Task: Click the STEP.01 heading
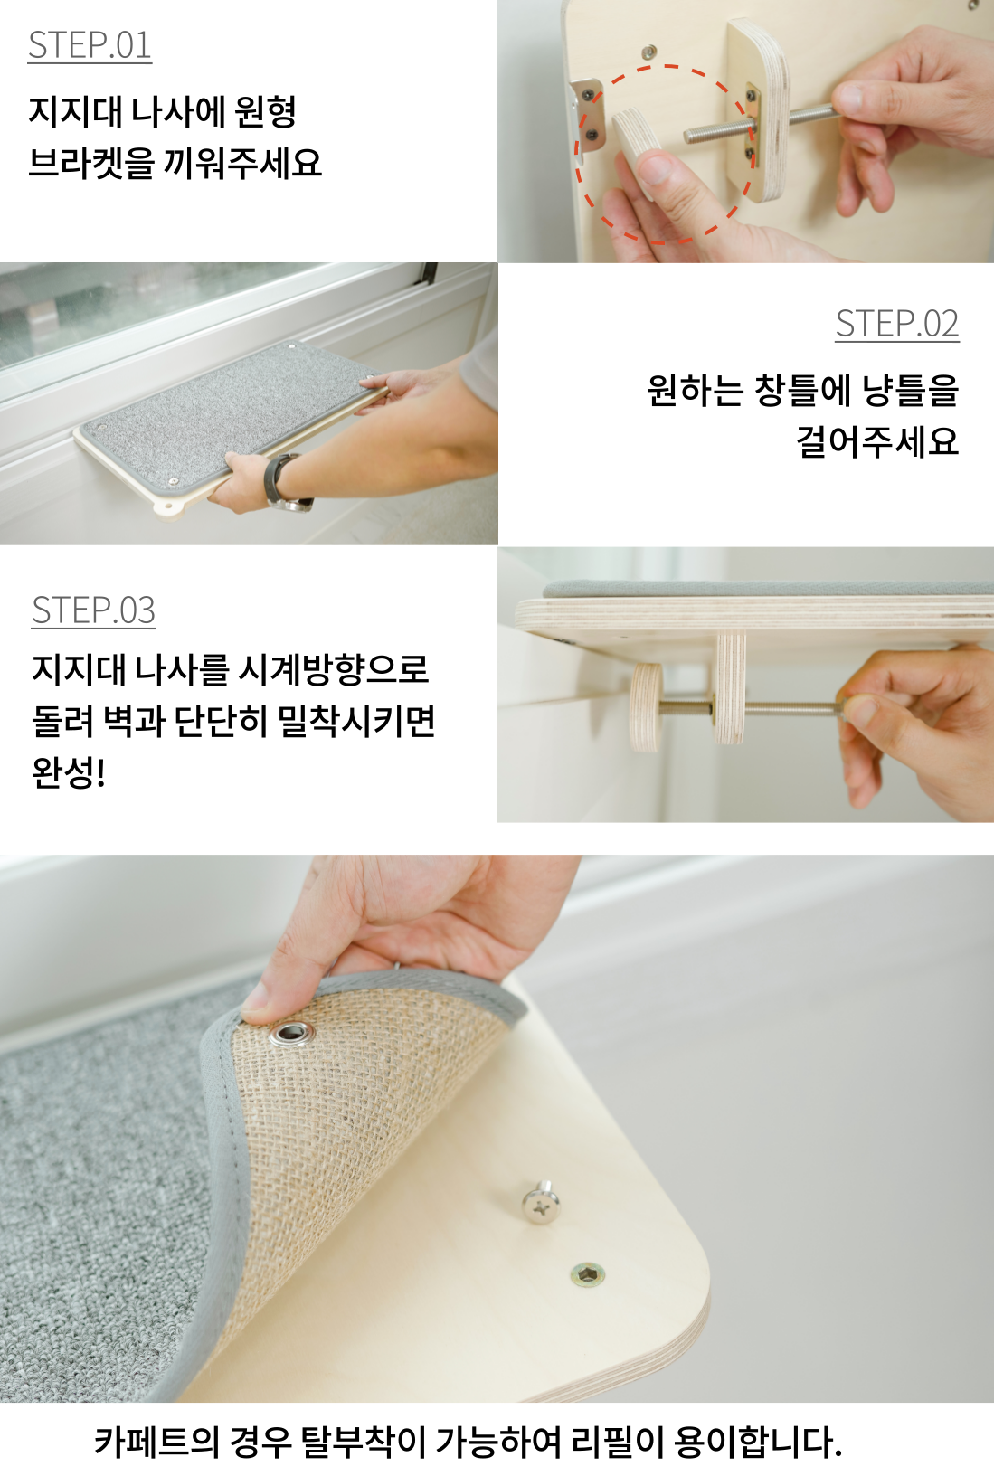click(90, 46)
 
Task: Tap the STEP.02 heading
click(896, 324)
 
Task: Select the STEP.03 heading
click(93, 610)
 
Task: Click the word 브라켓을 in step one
click(90, 164)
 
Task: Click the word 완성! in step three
click(69, 772)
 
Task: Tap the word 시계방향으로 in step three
click(334, 670)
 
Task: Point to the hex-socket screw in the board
click(587, 1275)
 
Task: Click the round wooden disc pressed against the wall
click(646, 706)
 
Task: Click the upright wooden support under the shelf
click(729, 686)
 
